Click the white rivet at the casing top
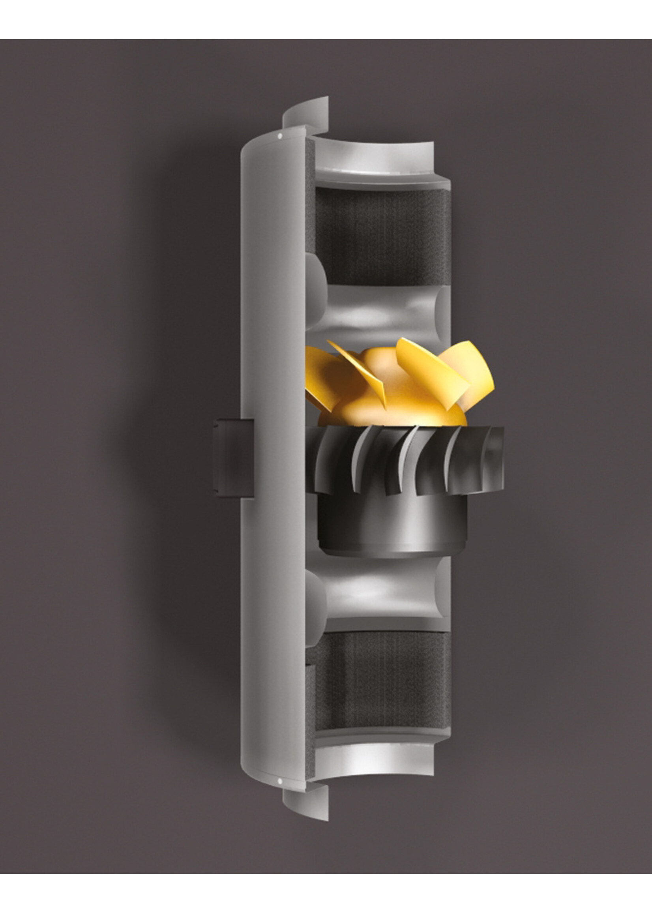point(280,136)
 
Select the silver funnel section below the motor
point(381,594)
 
